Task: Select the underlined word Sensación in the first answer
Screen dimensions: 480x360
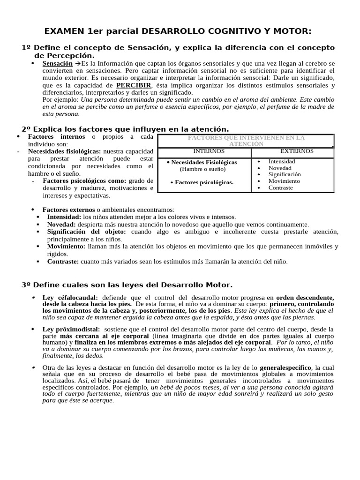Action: (x=57, y=63)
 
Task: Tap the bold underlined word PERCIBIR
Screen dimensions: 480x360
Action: (x=134, y=85)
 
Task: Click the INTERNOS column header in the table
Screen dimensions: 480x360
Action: (x=209, y=151)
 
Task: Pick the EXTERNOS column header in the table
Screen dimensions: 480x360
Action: (x=297, y=151)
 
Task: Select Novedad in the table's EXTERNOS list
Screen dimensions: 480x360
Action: (x=280, y=168)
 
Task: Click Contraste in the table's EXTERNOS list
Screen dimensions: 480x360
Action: (x=280, y=187)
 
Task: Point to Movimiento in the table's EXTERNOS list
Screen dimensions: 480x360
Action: (x=284, y=181)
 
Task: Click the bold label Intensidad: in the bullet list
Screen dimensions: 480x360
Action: (x=64, y=217)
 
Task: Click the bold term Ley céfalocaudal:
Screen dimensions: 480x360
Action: (x=70, y=298)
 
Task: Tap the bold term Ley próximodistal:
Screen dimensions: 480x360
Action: (x=71, y=330)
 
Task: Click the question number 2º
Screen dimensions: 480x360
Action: (x=26, y=129)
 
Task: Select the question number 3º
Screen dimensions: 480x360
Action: (x=26, y=285)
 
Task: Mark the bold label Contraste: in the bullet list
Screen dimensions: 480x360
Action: (x=63, y=262)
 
